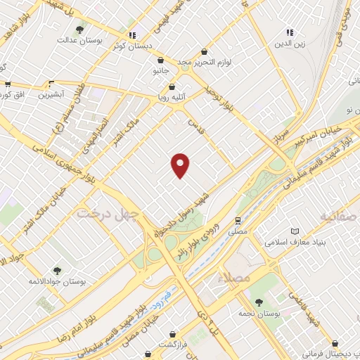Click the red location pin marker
pos(181,165)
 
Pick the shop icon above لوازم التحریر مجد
pos(204,51)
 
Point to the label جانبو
pos(161,71)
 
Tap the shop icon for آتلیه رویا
pos(172,86)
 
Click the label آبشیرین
pos(51,94)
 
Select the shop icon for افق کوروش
pos(8,84)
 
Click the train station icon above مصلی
pos(238,220)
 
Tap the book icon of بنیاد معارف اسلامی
pos(295,231)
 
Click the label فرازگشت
pos(171,345)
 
